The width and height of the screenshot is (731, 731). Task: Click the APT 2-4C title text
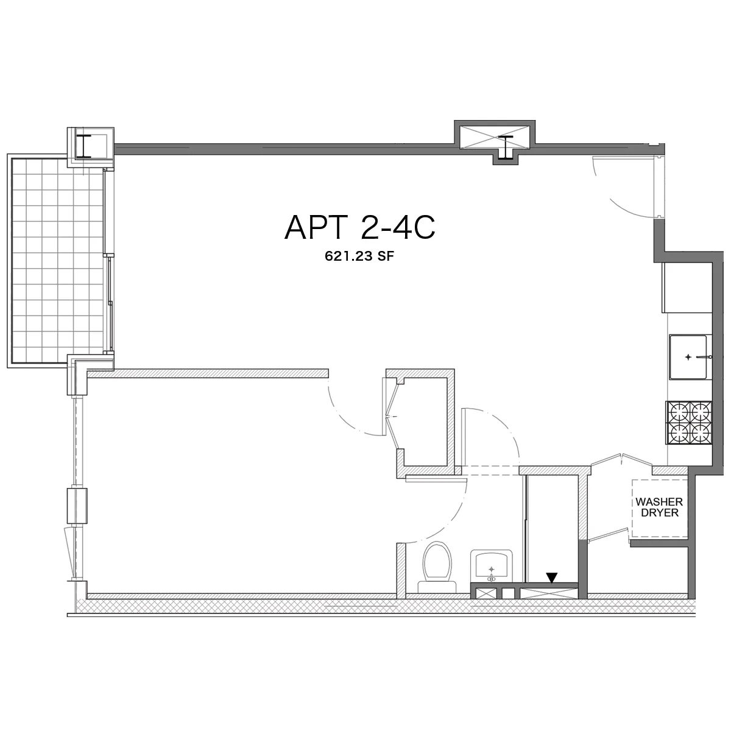[x=359, y=228]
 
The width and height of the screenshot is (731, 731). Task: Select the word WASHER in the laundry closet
[x=659, y=503]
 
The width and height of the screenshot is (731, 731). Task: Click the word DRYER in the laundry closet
[x=659, y=514]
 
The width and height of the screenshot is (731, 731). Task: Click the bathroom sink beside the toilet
[x=491, y=567]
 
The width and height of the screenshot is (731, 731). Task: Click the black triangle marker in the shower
[x=552, y=577]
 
